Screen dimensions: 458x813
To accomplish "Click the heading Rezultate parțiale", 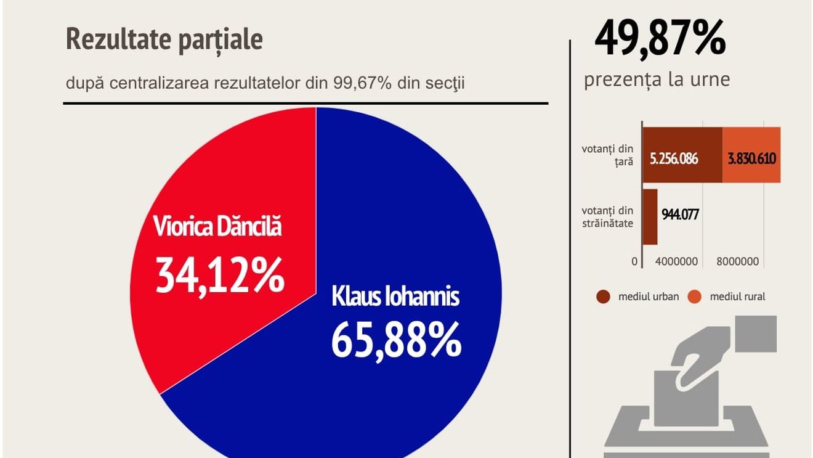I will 164,40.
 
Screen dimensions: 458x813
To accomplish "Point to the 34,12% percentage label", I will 219,275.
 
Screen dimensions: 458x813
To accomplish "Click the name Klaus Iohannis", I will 395,296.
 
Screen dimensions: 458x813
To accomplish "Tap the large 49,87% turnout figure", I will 660,38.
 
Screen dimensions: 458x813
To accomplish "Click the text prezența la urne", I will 657,80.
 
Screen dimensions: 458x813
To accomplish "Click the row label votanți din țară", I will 607,155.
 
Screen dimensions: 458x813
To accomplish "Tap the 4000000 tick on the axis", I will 676,262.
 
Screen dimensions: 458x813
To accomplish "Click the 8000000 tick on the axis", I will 737,262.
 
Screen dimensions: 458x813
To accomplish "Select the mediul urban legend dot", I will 604,297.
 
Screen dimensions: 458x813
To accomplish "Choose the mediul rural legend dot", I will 695,297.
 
